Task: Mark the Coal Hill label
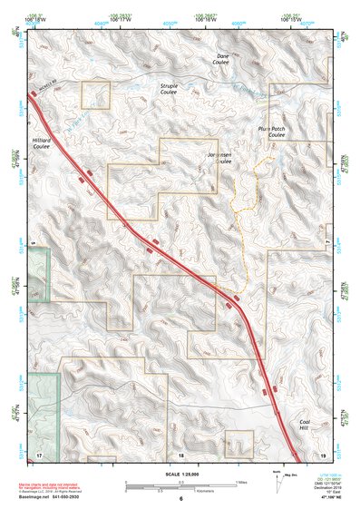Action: click(x=309, y=426)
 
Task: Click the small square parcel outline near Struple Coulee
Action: click(x=95, y=94)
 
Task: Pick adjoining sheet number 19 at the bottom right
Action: click(x=323, y=453)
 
